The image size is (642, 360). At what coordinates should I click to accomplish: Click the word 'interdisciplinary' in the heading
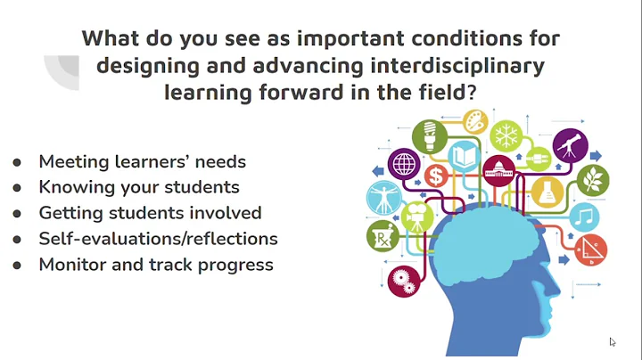[x=468, y=67]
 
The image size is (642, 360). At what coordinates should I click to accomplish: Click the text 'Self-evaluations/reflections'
[x=158, y=239]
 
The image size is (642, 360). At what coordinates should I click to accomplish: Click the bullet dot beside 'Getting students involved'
[x=17, y=214]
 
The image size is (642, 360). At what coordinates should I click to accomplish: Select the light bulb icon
[x=430, y=135]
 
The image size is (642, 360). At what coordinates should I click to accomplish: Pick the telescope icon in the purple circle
[x=569, y=143]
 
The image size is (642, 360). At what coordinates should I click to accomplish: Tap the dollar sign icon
[x=436, y=175]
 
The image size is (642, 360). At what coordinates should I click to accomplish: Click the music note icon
[x=585, y=216]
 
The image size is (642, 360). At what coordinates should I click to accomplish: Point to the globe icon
[x=403, y=164]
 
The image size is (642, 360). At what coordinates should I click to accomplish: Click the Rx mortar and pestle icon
[x=382, y=236]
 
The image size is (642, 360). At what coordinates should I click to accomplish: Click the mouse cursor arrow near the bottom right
[x=613, y=341]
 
